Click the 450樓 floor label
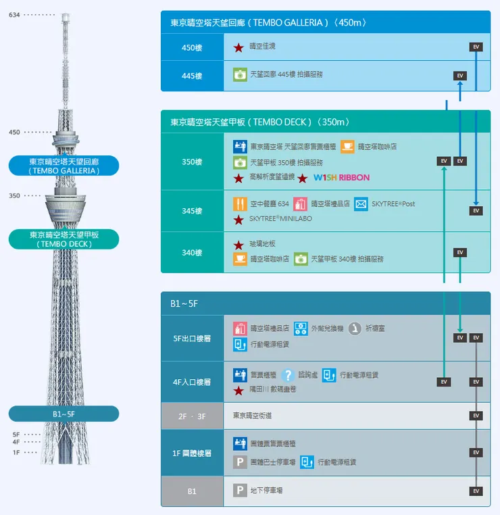tap(192, 47)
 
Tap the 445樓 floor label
tap(192, 76)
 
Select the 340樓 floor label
tap(192, 253)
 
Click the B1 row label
tap(192, 491)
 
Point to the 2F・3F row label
tap(192, 416)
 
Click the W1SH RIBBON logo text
tap(341, 178)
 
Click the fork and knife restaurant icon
tap(240, 203)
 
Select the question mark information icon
tap(288, 375)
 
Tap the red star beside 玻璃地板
tap(239, 245)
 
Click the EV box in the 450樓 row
tap(476, 47)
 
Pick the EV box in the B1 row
tap(476, 491)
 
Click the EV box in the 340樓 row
tap(460, 253)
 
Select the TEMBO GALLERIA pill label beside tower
tap(64, 166)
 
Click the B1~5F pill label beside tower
tap(64, 414)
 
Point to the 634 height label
tap(14, 15)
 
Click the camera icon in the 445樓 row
tap(240, 74)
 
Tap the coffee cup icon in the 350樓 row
tap(347, 146)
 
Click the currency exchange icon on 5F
tap(300, 328)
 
